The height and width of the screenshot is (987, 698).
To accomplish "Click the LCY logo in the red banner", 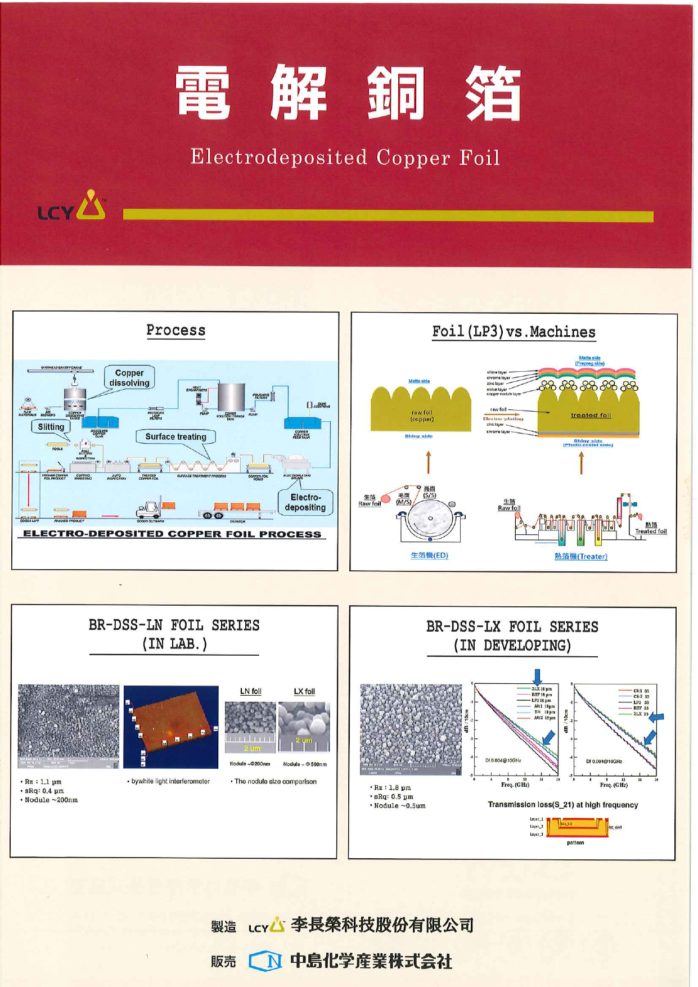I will point(72,206).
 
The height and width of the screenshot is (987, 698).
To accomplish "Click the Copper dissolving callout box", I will point(129,377).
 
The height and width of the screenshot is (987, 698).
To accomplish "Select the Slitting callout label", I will point(51,427).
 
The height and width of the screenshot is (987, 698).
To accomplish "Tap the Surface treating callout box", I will point(175,436).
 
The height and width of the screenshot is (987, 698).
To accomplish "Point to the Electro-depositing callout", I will point(305,502).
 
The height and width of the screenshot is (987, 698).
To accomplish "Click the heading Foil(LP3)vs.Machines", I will point(514,332).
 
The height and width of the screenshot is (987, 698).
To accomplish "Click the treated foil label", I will point(591,415).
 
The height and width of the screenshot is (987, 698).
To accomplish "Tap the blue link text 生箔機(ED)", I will point(429,555).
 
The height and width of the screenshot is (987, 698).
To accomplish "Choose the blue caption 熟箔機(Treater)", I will point(580,556).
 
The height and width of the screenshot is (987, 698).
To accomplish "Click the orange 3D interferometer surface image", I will point(171,726).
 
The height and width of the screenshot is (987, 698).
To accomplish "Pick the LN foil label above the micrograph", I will point(250,691).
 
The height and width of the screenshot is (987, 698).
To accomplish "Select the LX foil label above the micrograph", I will point(304,691).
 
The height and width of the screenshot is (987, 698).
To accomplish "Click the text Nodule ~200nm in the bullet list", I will point(51,800).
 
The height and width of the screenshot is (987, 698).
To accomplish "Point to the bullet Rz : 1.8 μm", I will point(392,787).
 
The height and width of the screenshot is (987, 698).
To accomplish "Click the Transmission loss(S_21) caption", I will point(562,805).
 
